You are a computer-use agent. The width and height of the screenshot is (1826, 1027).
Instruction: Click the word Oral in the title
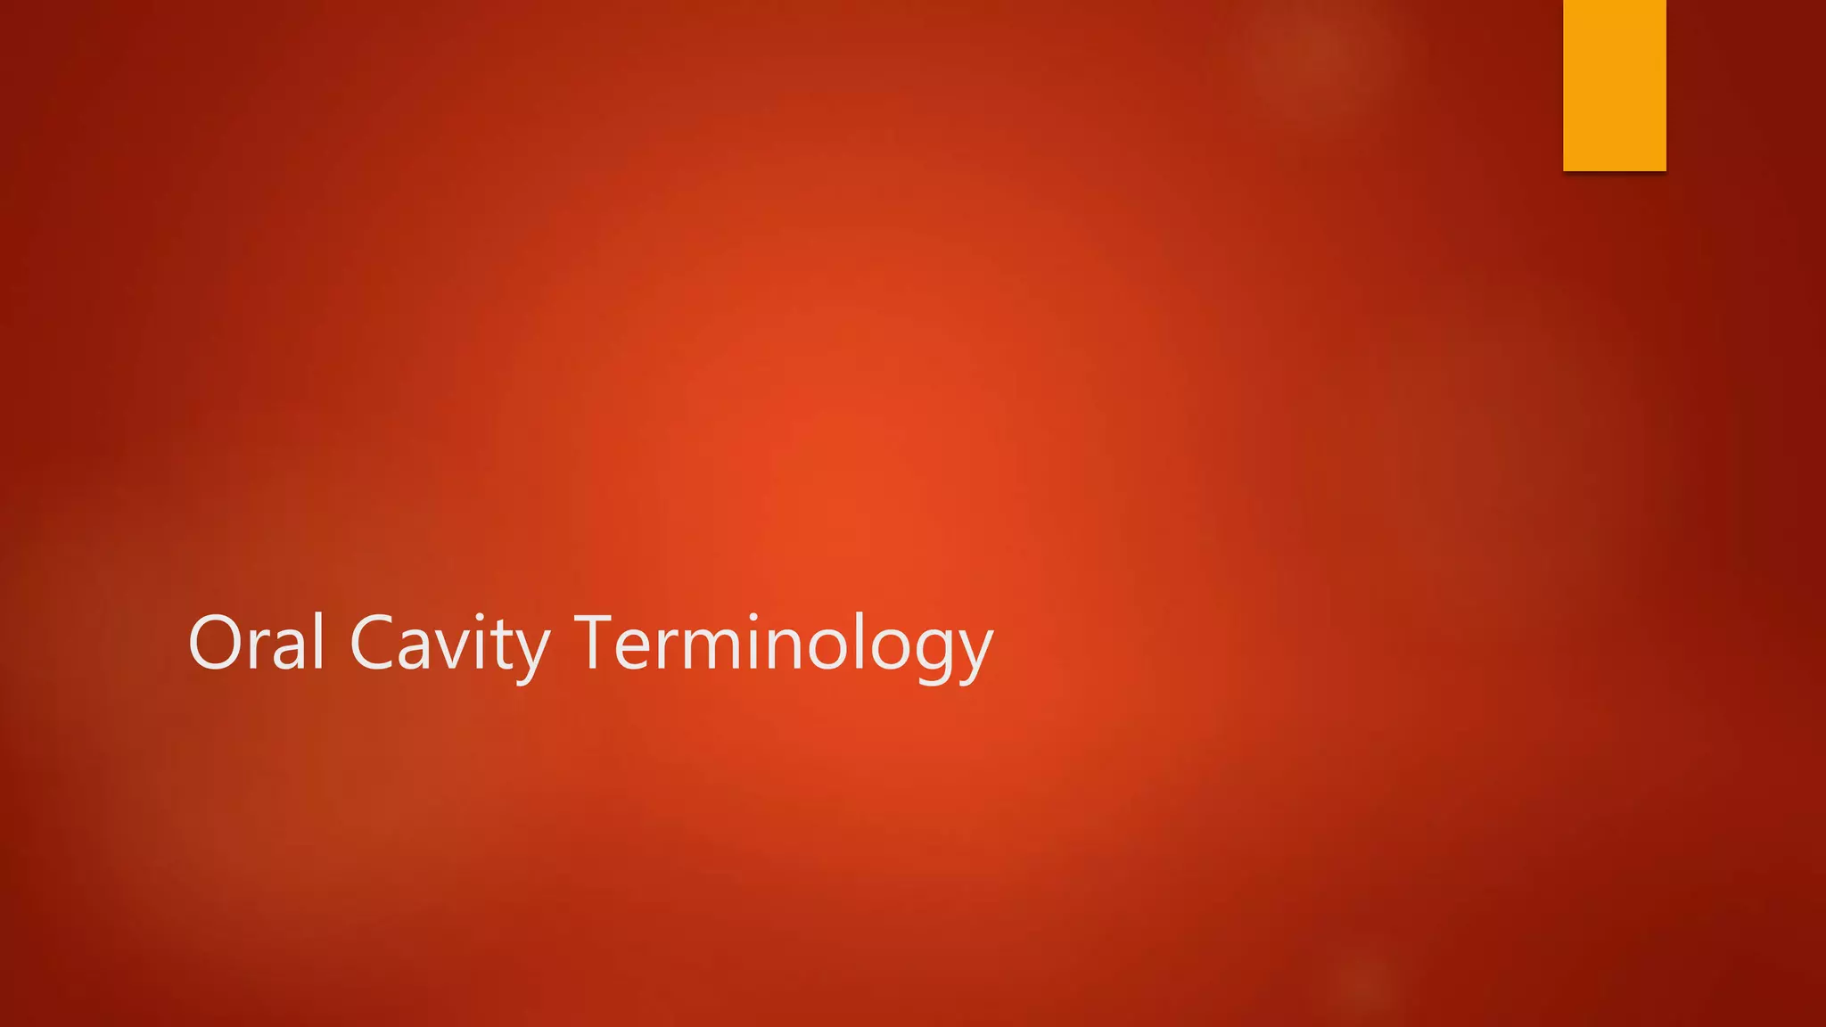256,642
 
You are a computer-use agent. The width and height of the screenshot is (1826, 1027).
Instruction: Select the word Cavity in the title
449,644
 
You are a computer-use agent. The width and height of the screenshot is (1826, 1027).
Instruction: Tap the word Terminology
783,644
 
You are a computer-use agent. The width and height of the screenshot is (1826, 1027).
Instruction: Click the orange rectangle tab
1614,85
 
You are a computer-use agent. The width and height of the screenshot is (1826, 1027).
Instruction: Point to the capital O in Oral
216,642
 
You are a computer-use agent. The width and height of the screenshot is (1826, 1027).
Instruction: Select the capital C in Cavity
374,642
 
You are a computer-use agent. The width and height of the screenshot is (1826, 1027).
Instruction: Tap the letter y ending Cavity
532,655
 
